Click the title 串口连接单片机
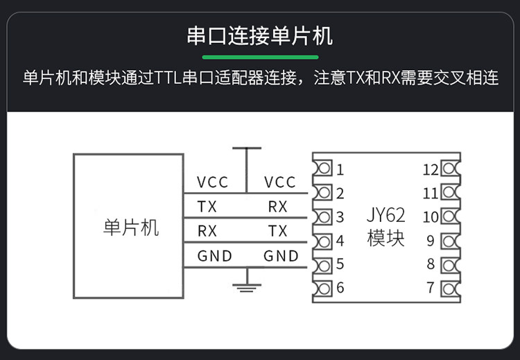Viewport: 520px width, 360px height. pos(259,35)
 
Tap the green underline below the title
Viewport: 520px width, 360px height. pos(259,56)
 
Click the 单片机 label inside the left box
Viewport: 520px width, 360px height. pos(130,228)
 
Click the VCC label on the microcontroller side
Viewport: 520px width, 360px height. pos(212,182)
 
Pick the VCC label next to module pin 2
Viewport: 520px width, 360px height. pos(280,182)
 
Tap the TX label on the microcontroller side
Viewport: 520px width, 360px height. pos(207,207)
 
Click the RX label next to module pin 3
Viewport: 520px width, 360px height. pos(277,207)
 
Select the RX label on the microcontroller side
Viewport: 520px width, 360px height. pos(207,231)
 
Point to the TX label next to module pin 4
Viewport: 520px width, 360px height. pos(277,231)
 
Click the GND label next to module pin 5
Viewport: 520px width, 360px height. pos(281,256)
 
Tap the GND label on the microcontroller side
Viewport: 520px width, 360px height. pos(214,256)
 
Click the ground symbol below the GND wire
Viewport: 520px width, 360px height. pos(245,284)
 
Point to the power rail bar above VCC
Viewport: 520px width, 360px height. pos(246,148)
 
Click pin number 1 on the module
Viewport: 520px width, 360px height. pos(340,169)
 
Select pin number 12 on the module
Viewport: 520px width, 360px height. pos(430,169)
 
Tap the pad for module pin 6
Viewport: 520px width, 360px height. pos(322,288)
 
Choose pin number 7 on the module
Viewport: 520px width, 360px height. pos(431,287)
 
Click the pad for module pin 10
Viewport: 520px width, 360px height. pos(449,217)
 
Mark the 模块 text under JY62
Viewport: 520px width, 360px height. pos(385,239)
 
